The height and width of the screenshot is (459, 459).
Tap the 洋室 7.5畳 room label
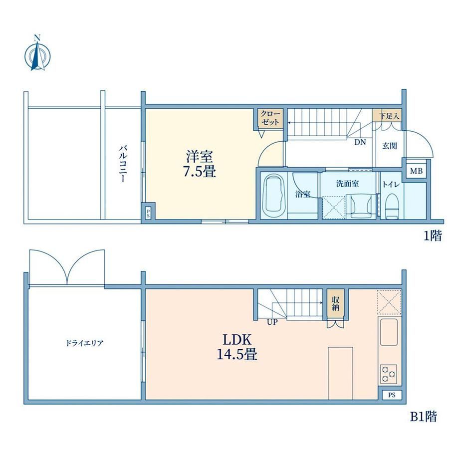click(200, 164)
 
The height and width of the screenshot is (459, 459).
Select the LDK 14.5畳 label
click(237, 347)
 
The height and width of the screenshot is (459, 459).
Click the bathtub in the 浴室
click(274, 195)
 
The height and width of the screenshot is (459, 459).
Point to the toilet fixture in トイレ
click(392, 206)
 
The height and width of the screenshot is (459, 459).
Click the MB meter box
click(416, 171)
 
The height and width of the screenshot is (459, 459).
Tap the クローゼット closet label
click(270, 118)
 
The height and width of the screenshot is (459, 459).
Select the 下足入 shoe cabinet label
click(389, 116)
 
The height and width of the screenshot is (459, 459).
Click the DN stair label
click(360, 142)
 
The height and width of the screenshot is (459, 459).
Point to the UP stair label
click(272, 322)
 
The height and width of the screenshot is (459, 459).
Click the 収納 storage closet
click(335, 304)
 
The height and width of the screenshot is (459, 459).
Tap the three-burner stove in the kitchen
click(389, 374)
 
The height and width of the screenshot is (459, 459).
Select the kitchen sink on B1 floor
click(389, 332)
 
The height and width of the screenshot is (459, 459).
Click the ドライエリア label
click(85, 343)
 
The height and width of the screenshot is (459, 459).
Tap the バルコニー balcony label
click(123, 164)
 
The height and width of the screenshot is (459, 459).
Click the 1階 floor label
click(433, 235)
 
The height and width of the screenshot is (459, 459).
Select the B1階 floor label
click(423, 417)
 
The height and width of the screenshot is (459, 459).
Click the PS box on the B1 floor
click(392, 395)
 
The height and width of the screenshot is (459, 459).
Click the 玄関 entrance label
click(390, 145)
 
